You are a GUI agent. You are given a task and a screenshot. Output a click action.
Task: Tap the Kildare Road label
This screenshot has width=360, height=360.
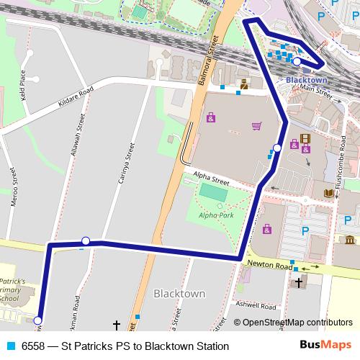[67, 102]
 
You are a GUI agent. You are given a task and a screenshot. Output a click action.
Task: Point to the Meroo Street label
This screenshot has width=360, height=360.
[14, 189]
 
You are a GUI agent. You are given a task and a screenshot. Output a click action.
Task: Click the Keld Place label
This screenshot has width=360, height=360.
[23, 84]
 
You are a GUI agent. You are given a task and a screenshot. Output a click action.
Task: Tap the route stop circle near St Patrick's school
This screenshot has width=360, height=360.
[37, 321]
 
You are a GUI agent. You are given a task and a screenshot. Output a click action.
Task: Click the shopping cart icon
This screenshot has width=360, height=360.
[256, 126]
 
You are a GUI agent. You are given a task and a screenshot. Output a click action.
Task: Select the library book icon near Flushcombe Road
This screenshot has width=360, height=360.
[328, 193]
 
